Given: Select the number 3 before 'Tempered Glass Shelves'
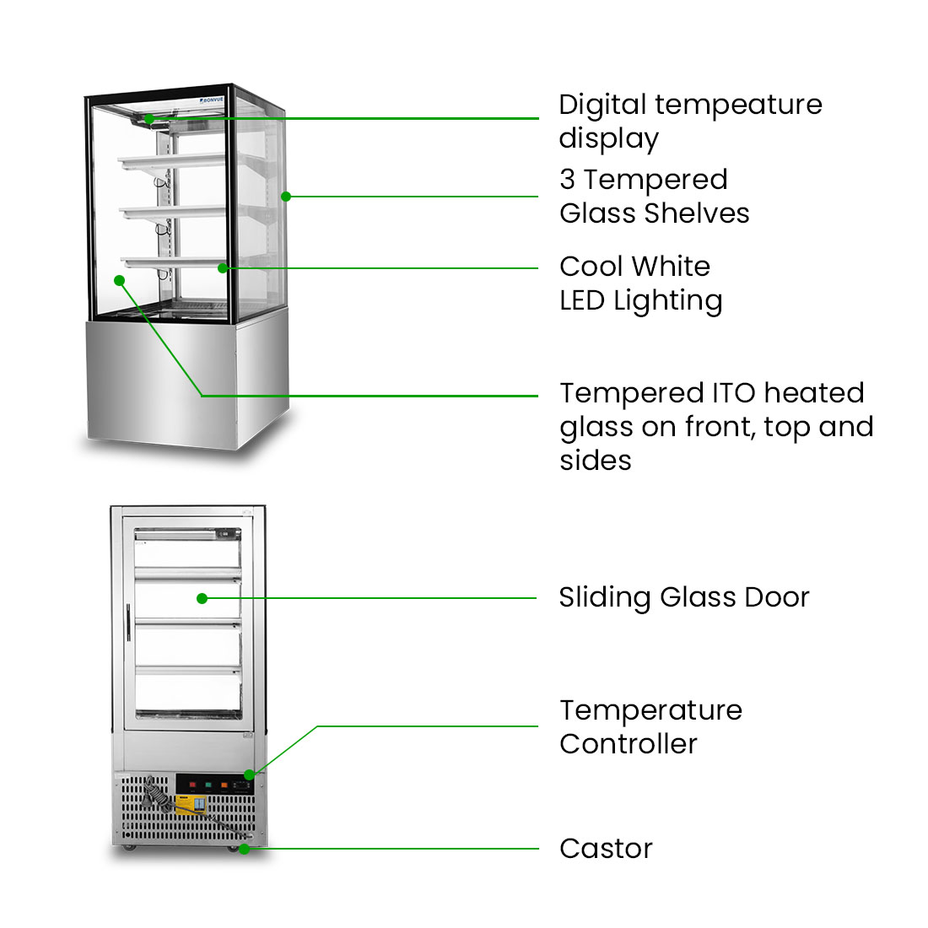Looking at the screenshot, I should click(x=567, y=180).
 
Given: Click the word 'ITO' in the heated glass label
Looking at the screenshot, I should click(x=728, y=393).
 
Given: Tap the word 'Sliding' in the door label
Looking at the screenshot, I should click(x=605, y=598).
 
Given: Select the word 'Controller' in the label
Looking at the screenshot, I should click(x=629, y=744).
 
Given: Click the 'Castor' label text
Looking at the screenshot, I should click(x=606, y=849).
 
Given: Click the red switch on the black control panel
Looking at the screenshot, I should click(x=192, y=785).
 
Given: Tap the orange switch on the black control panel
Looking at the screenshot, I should click(x=224, y=785).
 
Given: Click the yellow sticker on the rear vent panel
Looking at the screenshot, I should click(x=189, y=805).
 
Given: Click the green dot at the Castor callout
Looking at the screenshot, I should click(x=244, y=849).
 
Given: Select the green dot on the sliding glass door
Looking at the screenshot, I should click(x=202, y=598).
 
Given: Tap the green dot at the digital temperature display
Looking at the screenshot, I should click(x=148, y=119).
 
